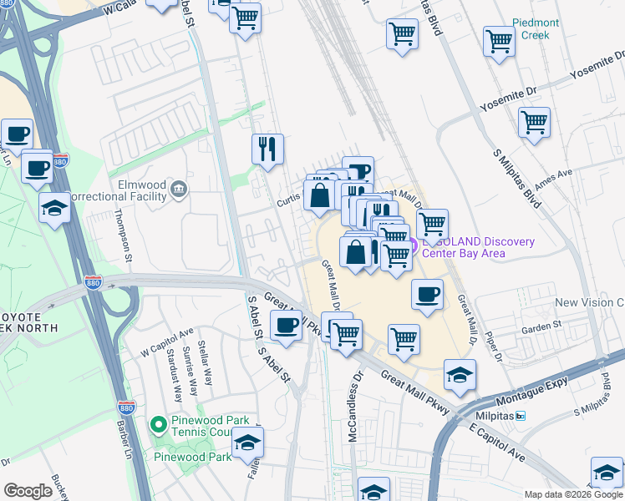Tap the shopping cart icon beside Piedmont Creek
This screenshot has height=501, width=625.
(x=499, y=41)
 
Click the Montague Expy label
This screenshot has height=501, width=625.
(x=536, y=387)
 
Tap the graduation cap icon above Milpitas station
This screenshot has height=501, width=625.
(x=460, y=375)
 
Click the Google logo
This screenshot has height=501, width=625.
(x=28, y=491)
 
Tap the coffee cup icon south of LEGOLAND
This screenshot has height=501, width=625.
(x=427, y=295)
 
